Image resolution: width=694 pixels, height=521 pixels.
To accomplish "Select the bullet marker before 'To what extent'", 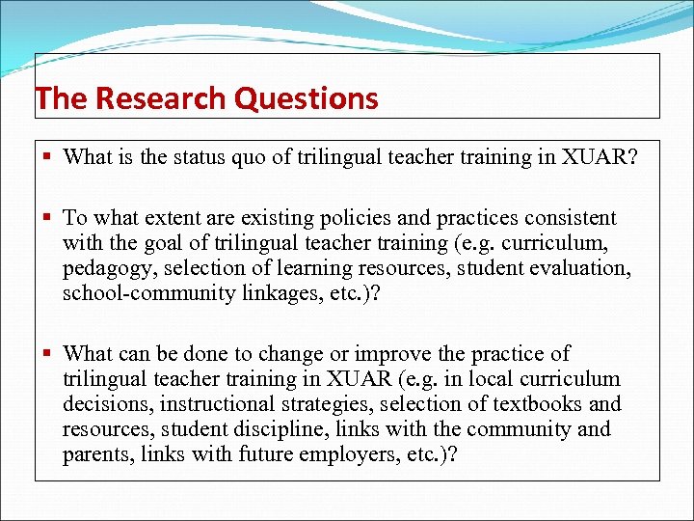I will (48, 219).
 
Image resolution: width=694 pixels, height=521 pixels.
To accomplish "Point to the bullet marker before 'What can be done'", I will (48, 354).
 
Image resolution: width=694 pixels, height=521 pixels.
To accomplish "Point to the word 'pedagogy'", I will (103, 269).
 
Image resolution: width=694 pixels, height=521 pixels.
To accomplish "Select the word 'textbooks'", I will (539, 404).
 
